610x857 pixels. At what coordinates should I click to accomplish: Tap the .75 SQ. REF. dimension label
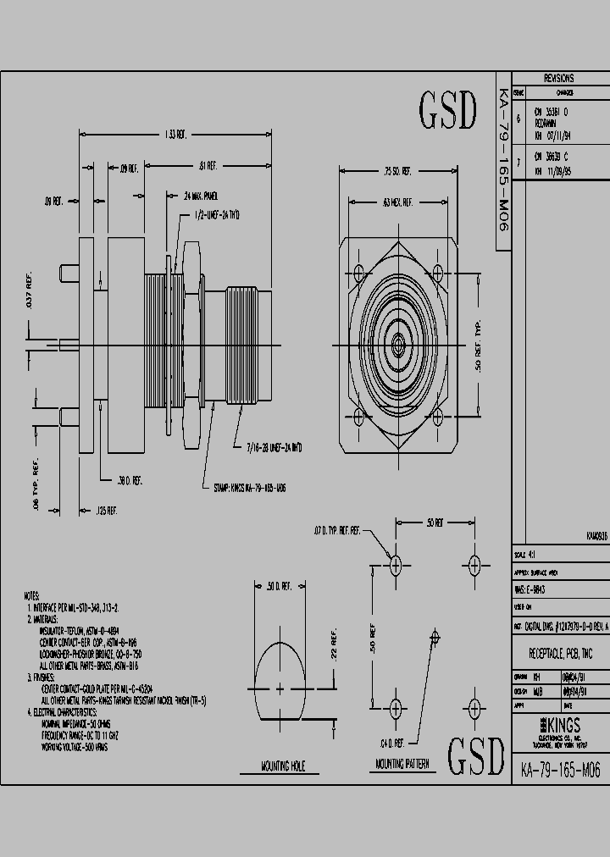pyautogui.click(x=397, y=171)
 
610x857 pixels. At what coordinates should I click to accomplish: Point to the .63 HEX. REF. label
pyautogui.click(x=397, y=202)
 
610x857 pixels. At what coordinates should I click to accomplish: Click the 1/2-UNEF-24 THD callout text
pyautogui.click(x=218, y=216)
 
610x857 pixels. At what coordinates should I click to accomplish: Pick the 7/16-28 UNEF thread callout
pyautogui.click(x=274, y=446)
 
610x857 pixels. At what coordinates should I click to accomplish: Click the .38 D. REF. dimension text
pyautogui.click(x=130, y=479)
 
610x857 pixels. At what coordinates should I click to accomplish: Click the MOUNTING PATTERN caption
pyautogui.click(x=402, y=763)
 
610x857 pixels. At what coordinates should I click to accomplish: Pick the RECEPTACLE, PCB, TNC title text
pyautogui.click(x=559, y=655)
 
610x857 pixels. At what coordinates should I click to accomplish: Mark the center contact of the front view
pyautogui.click(x=397, y=345)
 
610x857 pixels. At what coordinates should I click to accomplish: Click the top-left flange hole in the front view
pyautogui.click(x=359, y=273)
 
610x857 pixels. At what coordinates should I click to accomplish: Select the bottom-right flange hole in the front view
pyautogui.click(x=437, y=416)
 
